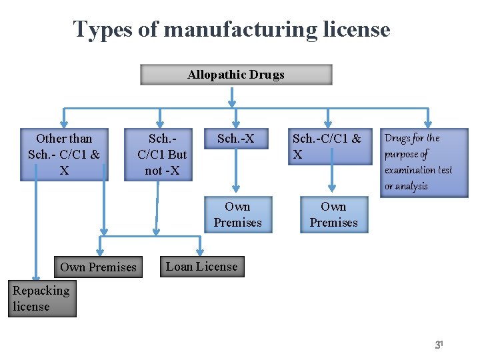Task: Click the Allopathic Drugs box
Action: pyautogui.click(x=236, y=75)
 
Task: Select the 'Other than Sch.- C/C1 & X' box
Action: pyautogui.click(x=64, y=155)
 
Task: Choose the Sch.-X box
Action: pyautogui.click(x=235, y=139)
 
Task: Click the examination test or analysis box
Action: pyautogui.click(x=415, y=162)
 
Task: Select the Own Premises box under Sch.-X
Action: pyautogui.click(x=238, y=215)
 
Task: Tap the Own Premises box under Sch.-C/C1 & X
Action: pyautogui.click(x=333, y=215)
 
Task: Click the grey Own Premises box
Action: pyautogui.click(x=98, y=267)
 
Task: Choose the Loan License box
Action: pyautogui.click(x=201, y=267)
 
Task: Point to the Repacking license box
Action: pyautogui.click(x=42, y=299)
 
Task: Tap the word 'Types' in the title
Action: pyautogui.click(x=97, y=29)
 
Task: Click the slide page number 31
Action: pyautogui.click(x=439, y=345)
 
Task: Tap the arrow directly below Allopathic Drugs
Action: pyautogui.click(x=232, y=97)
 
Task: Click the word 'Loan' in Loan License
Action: pyautogui.click(x=179, y=267)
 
